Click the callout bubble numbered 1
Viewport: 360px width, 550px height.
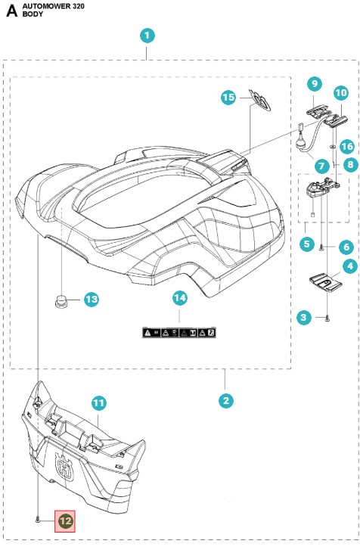pos(147,36)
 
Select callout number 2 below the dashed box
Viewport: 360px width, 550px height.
pos(225,400)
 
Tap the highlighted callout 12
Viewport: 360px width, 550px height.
pos(65,521)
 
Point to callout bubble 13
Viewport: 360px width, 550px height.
pos(92,300)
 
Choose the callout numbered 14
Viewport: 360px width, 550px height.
pos(180,298)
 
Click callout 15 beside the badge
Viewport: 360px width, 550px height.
pos(228,97)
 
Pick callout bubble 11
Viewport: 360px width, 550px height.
pos(99,403)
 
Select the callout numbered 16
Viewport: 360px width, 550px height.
pos(347,146)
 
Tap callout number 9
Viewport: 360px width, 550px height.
pos(315,83)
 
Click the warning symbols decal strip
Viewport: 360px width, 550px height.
pos(178,332)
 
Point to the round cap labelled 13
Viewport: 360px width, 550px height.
pos(61,301)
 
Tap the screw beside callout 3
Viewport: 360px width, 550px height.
pos(327,319)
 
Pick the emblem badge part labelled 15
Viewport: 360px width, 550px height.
pos(259,100)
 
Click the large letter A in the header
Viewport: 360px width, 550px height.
pos(11,11)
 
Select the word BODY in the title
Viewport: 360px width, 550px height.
pos(33,14)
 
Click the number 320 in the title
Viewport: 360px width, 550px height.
pos(79,6)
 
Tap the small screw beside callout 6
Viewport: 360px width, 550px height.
pos(321,248)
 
